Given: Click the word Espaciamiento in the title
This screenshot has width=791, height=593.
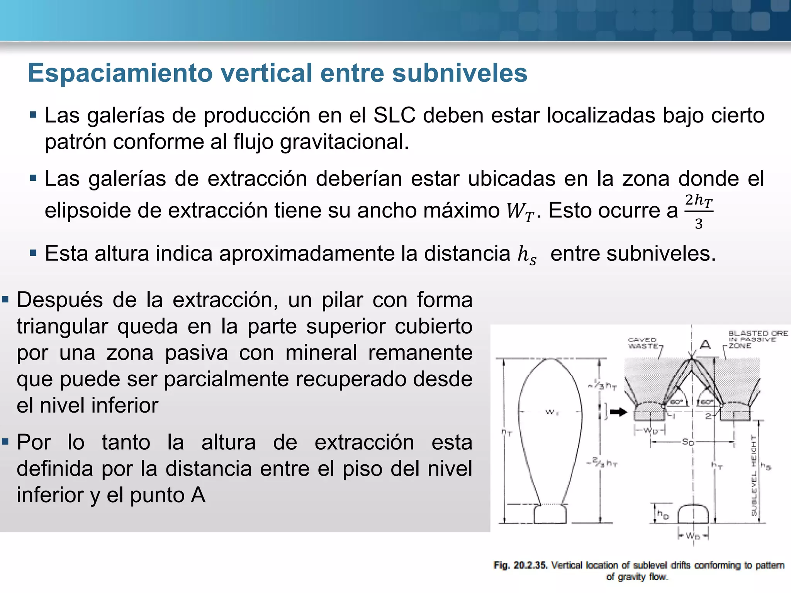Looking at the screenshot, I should point(120,73).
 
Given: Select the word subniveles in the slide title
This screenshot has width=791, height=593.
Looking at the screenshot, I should point(460,73).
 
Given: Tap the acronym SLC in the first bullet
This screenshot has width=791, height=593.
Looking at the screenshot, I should point(394,116).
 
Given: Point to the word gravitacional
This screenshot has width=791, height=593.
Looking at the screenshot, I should point(344,142).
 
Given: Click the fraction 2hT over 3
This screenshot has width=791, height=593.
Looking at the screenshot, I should point(699,211).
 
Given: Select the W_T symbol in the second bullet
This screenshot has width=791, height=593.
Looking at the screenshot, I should point(520,211).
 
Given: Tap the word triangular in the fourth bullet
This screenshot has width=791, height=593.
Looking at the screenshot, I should point(62,326).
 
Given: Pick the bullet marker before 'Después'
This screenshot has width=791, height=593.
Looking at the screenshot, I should point(5,299).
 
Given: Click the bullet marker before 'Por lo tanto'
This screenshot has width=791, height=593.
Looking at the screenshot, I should point(5,441).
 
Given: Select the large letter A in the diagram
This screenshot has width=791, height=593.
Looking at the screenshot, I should point(705,344).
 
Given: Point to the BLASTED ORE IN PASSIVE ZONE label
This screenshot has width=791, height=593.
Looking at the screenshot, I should point(757,339).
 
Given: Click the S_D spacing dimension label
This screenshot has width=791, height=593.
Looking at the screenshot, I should point(688,442).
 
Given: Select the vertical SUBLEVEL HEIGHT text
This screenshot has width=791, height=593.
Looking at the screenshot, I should point(754,475).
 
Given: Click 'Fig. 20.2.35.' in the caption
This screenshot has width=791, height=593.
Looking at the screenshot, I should point(520,565).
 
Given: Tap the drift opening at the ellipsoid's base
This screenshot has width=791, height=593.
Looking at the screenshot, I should point(550,514).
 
